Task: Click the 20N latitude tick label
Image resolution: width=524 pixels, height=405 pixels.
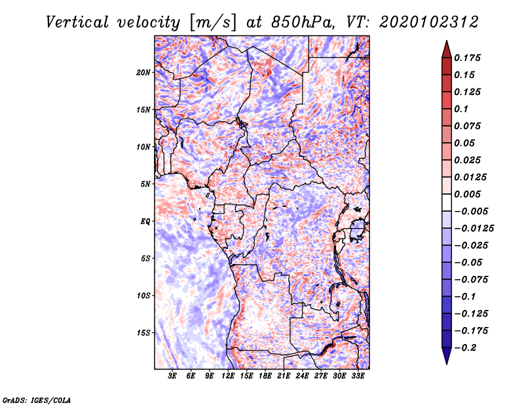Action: (x=144, y=72)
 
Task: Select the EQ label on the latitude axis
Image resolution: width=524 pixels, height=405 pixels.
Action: (x=145, y=221)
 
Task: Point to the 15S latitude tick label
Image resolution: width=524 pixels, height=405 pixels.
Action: (x=144, y=332)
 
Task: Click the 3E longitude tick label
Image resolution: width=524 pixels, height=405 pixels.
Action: (x=173, y=376)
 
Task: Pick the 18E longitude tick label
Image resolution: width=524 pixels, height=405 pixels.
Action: (x=265, y=376)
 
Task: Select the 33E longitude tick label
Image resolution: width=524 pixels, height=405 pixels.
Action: (x=358, y=376)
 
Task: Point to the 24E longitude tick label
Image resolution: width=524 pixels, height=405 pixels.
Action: (x=302, y=376)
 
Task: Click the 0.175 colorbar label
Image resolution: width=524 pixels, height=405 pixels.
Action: (x=469, y=58)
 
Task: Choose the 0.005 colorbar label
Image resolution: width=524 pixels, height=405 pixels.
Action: (x=469, y=194)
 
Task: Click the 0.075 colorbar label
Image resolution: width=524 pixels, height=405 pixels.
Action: (x=469, y=126)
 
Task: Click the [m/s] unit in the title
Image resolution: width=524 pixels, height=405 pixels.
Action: (x=211, y=22)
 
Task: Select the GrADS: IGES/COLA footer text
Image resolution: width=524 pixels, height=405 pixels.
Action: (x=37, y=399)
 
